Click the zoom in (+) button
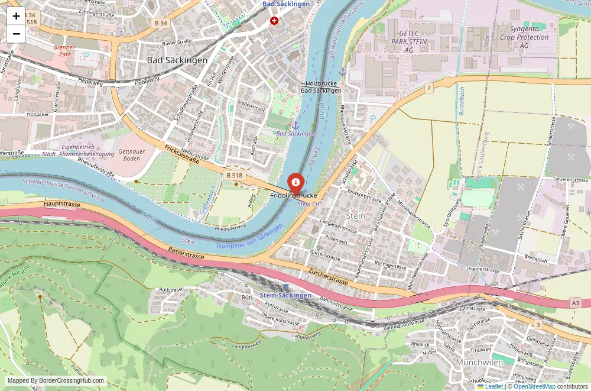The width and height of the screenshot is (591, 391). [x=16, y=16]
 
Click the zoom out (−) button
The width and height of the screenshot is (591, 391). [x=16, y=34]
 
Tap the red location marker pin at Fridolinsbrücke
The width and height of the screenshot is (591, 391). [x=295, y=182]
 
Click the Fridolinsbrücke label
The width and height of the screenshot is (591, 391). [x=294, y=195]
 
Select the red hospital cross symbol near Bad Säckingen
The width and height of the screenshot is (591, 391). [x=274, y=21]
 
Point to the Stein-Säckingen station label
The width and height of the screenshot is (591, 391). [x=285, y=295]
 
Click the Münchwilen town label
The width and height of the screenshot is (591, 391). [x=479, y=362]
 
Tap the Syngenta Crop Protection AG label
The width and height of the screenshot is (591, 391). [x=524, y=37]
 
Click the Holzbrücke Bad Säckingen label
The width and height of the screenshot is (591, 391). [x=321, y=87]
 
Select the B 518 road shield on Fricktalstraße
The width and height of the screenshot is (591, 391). [x=235, y=176]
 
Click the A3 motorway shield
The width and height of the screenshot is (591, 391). [x=576, y=303]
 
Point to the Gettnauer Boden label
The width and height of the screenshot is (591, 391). [x=131, y=155]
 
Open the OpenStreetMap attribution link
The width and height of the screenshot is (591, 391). [x=534, y=386]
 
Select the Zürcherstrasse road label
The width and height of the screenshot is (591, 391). [x=329, y=275]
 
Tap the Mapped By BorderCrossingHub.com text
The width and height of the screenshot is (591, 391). [x=56, y=381]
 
